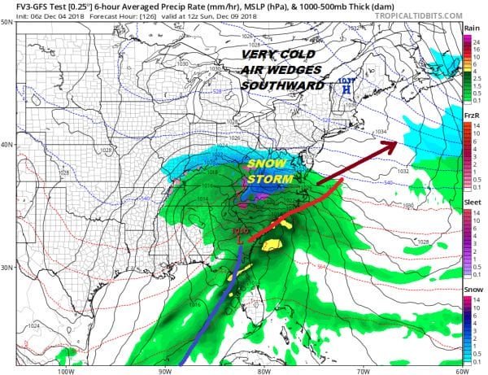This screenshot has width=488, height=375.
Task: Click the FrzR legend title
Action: (471, 116)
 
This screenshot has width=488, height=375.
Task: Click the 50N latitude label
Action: (7, 22)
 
